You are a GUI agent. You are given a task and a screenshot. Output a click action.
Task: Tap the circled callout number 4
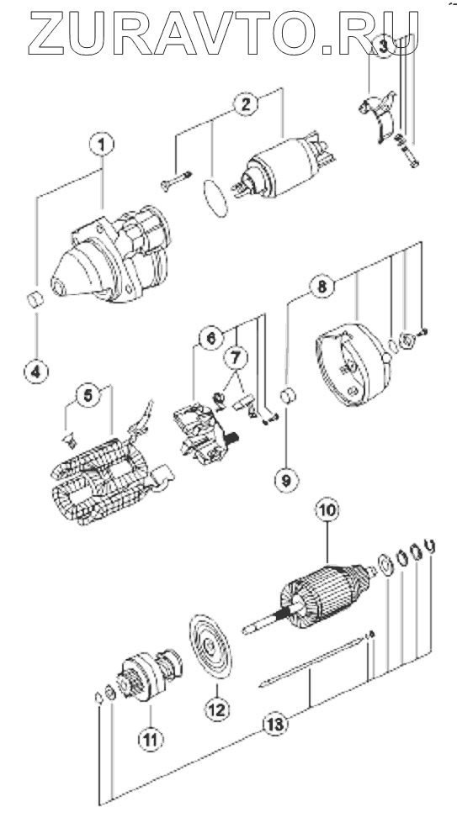(x=36, y=372)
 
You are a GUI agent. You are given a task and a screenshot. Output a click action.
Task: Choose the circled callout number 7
(x=236, y=357)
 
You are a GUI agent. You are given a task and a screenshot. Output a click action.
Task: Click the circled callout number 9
(x=286, y=480)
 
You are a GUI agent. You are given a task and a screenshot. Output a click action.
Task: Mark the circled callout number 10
(x=327, y=510)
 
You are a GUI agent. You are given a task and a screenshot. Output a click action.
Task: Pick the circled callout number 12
(x=218, y=708)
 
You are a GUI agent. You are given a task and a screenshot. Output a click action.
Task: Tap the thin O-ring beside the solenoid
(x=215, y=198)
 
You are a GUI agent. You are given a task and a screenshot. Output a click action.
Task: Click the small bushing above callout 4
(x=35, y=301)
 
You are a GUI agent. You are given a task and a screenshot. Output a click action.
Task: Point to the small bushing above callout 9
(x=288, y=396)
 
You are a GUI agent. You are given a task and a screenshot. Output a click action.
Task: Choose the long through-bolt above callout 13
(x=314, y=661)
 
